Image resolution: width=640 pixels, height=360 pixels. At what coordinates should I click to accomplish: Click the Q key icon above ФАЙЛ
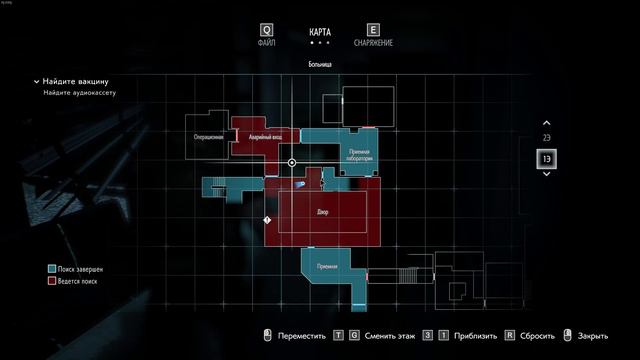(267, 31)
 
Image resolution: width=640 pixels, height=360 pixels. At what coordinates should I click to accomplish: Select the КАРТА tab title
(319, 32)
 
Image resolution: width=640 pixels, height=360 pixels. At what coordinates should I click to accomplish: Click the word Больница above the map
(319, 64)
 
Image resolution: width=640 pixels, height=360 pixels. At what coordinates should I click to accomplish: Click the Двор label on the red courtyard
(322, 212)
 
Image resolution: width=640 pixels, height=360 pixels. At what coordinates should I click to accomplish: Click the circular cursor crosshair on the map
(292, 162)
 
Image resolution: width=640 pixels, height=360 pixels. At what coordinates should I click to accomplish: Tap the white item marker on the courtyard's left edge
(267, 219)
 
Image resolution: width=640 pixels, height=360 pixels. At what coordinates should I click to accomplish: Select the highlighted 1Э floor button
(546, 159)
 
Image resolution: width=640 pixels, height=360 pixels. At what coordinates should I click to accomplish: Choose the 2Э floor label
(546, 137)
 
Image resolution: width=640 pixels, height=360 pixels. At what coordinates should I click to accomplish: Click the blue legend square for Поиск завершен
(50, 270)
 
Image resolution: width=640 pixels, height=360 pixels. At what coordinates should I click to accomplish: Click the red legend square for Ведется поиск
(50, 282)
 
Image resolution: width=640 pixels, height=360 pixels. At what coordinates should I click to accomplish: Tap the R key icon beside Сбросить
(509, 337)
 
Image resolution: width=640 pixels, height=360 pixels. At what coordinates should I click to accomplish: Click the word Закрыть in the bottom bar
(593, 337)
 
